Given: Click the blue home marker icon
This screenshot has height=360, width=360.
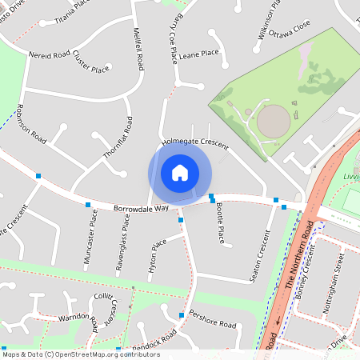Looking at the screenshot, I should pos(180,172).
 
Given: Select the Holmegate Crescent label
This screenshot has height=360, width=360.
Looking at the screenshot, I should pos(195,143).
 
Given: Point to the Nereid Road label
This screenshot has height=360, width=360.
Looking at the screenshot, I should pos(50,57).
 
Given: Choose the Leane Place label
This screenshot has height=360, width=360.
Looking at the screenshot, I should pos(199,54).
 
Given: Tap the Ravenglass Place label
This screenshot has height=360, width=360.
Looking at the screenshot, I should pos(125,242).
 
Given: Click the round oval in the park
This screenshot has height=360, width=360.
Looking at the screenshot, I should pos(273,122).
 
